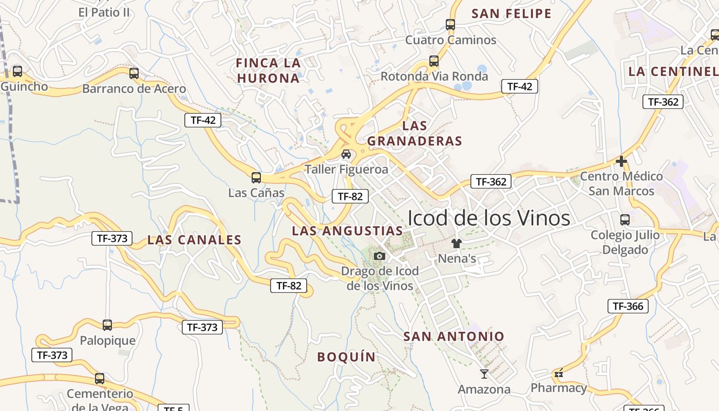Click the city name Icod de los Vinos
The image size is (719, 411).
click(x=488, y=218)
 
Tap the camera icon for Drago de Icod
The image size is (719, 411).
click(x=379, y=256)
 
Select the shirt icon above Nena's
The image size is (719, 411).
click(x=456, y=243)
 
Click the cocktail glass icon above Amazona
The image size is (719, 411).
click(x=484, y=373)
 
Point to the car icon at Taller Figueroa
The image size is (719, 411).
click(x=346, y=154)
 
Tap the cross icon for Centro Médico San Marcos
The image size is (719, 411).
click(x=621, y=161)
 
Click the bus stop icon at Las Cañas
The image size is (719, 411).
click(x=256, y=178)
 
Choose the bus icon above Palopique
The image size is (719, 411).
click(x=107, y=325)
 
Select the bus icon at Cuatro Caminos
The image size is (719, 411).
click(x=450, y=24)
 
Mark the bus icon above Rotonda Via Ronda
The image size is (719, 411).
click(x=434, y=61)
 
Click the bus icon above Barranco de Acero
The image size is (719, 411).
click(x=134, y=73)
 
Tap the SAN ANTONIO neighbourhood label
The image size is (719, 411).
click(x=453, y=337)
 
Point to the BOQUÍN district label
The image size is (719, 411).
click(x=346, y=357)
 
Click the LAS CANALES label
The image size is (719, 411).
click(x=194, y=240)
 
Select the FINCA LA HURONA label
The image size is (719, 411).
click(x=268, y=70)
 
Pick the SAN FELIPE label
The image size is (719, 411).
click(x=511, y=14)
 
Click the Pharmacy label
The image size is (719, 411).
click(x=558, y=388)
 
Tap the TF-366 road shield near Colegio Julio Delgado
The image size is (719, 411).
click(x=628, y=307)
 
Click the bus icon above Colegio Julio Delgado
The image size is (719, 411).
click(x=625, y=220)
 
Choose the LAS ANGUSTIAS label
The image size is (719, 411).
click(x=347, y=231)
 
